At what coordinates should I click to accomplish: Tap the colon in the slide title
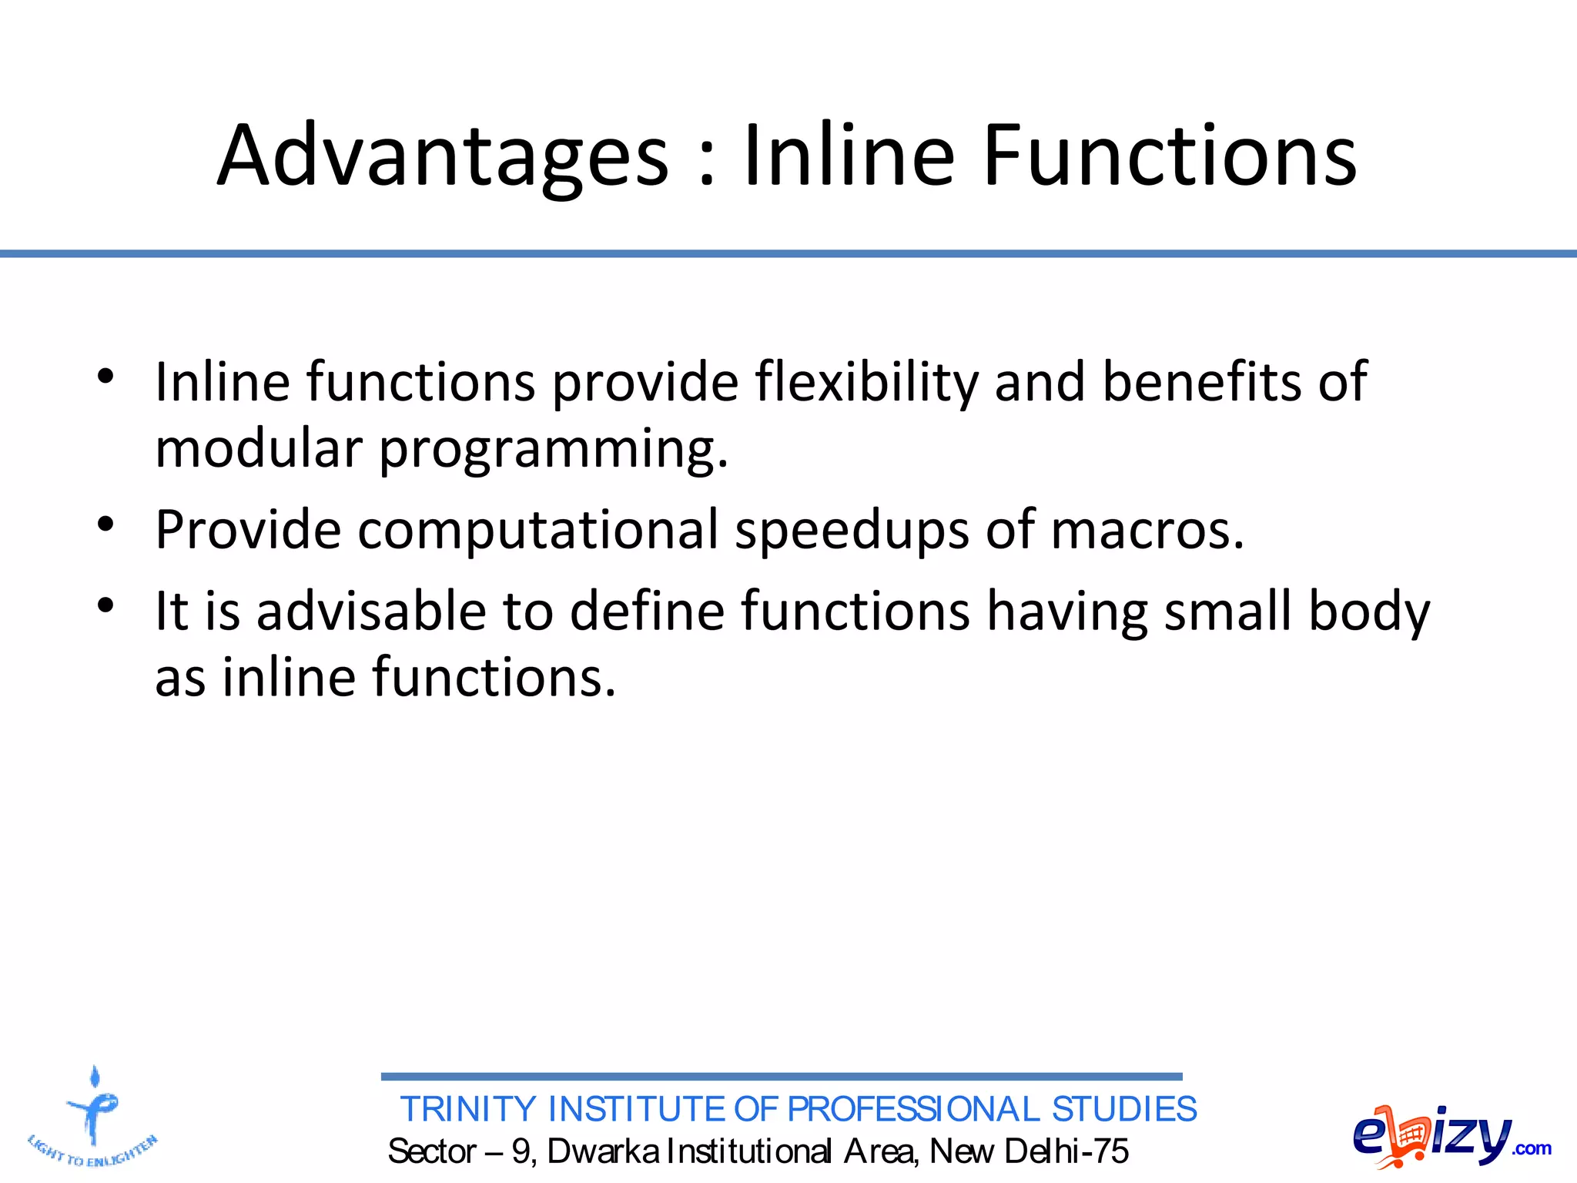coord(707,162)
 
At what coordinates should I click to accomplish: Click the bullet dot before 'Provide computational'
coord(106,524)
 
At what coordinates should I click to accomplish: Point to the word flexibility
coord(867,383)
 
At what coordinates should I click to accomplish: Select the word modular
coord(259,448)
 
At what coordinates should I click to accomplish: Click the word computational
coord(537,531)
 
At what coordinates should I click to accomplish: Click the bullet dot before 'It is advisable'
coord(106,605)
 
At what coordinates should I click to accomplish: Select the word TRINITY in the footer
coord(468,1110)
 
